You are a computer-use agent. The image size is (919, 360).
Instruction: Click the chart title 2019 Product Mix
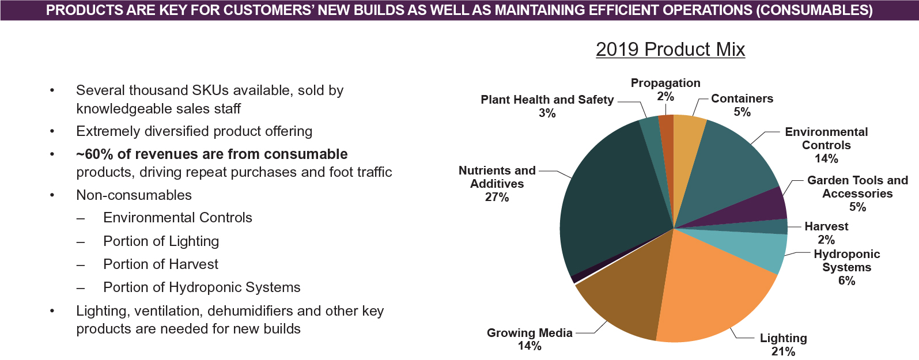tap(670, 50)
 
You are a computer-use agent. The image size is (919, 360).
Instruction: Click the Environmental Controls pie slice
tap(732, 167)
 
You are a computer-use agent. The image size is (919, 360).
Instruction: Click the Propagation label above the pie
tap(665, 83)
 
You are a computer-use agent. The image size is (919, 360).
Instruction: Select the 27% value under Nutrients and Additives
tap(497, 197)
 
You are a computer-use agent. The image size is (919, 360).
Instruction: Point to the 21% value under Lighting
tap(783, 351)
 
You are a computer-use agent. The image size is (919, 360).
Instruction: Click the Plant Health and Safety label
tap(547, 100)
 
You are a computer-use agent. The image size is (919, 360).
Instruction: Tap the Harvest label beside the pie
tap(826, 226)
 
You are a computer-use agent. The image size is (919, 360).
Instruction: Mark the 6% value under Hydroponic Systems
tap(846, 281)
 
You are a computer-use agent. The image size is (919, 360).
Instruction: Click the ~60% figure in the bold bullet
tap(94, 154)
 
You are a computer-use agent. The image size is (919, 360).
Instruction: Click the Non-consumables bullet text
tap(134, 195)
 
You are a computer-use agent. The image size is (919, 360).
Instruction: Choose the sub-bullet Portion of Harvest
tap(161, 264)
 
